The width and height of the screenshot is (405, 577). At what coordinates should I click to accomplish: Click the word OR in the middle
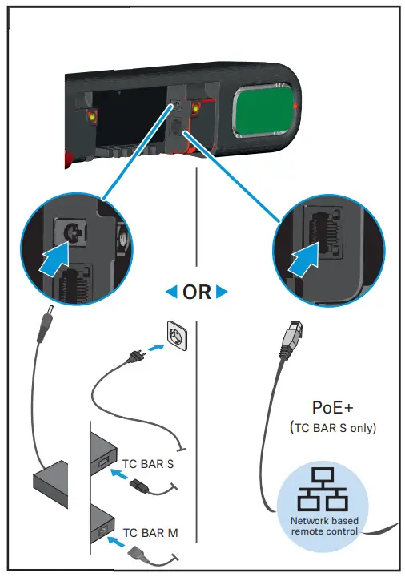pyautogui.click(x=196, y=292)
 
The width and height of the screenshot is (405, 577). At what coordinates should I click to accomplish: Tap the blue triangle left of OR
pyautogui.click(x=170, y=292)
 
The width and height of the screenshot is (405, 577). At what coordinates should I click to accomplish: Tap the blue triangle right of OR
pyautogui.click(x=222, y=292)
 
